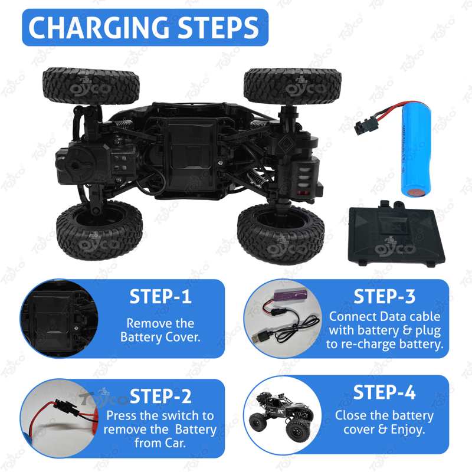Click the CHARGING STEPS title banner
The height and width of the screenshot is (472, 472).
click(145, 27)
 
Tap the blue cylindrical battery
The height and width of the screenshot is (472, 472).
click(416, 150)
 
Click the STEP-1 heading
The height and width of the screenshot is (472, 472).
click(160, 297)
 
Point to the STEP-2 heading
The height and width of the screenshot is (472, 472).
click(160, 396)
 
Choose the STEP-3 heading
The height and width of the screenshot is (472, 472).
click(385, 296)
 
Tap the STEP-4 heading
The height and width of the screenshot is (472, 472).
click(385, 392)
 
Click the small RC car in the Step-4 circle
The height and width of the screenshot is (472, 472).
click(281, 415)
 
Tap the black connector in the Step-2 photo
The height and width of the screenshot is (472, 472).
click(65, 407)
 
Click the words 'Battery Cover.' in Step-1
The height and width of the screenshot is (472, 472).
click(160, 337)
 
